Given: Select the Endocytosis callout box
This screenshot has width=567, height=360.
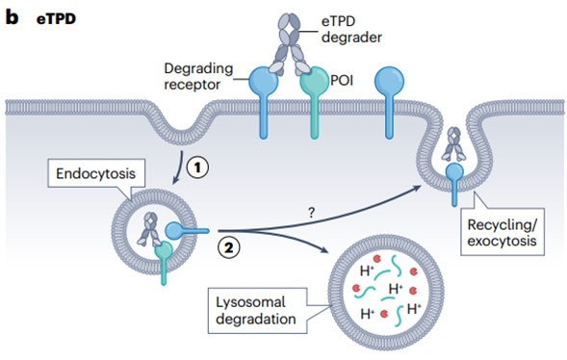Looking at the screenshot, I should [90, 177].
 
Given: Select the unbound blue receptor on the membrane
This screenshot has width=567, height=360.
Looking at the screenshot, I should [387, 81].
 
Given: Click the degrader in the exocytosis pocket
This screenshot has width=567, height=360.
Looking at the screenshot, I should [452, 147].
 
